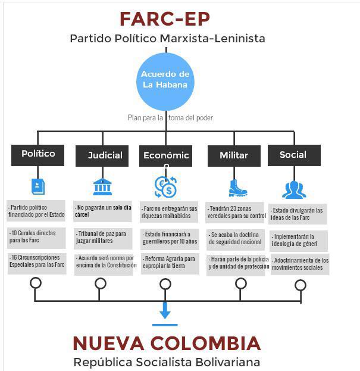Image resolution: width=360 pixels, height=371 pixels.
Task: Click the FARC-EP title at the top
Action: pyautogui.click(x=165, y=18)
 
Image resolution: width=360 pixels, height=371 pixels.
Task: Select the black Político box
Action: pyautogui.click(x=38, y=154)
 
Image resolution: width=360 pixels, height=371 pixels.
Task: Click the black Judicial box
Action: pyautogui.click(x=102, y=155)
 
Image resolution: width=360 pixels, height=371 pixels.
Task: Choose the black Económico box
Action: pyautogui.click(x=166, y=155)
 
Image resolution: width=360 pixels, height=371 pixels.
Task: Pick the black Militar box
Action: pyautogui.click(x=233, y=155)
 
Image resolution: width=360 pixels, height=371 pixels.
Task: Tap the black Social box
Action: pyautogui.click(x=293, y=155)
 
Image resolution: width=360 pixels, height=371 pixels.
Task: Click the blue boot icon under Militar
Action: pyautogui.click(x=237, y=188)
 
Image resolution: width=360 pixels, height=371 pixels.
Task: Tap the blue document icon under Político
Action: pyautogui.click(x=38, y=186)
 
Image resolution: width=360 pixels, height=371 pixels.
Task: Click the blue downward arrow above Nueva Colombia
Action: pyautogui.click(x=165, y=310)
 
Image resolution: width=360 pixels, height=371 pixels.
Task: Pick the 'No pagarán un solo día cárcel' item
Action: pyautogui.click(x=102, y=211)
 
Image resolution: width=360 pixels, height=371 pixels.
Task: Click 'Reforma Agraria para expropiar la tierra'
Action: pyautogui.click(x=169, y=263)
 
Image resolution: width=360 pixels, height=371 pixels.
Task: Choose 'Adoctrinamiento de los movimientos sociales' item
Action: pyautogui.click(x=300, y=264)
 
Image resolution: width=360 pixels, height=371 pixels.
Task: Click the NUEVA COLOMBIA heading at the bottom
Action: pyautogui.click(x=166, y=344)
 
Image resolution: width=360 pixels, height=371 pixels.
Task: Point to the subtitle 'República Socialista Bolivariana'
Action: pyautogui.click(x=166, y=361)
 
